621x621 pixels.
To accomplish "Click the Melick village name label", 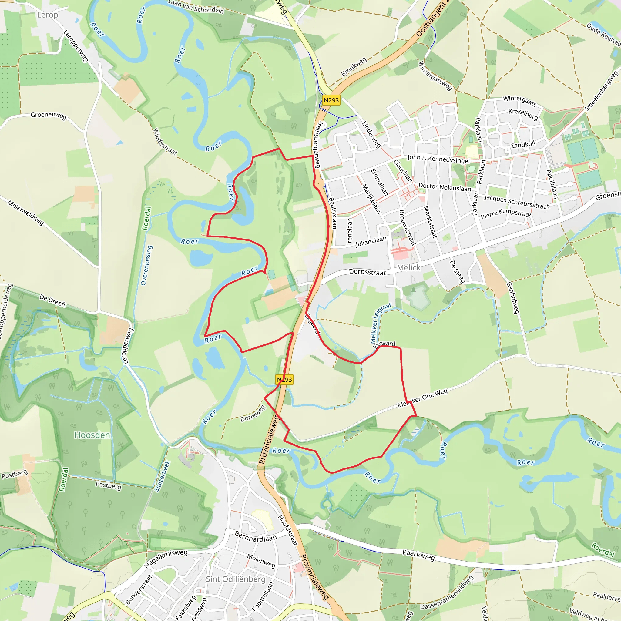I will point(408,268).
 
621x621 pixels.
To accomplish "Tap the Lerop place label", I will point(48,15).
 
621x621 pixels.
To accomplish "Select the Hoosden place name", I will point(92,435).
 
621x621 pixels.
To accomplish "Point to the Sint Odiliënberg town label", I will point(236,579).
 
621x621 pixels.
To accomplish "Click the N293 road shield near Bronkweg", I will point(331,100).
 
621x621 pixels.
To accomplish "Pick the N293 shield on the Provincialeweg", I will point(284,380).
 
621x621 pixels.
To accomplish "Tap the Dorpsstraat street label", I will point(368,272).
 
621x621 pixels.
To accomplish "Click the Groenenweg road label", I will point(49,116).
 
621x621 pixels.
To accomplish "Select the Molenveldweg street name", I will point(26,213).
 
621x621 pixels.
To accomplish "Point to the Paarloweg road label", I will point(418,555).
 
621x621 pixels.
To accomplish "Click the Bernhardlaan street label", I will point(256,536).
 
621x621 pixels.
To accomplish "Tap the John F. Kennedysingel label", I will point(438,159).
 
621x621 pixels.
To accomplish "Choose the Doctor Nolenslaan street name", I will point(445,187).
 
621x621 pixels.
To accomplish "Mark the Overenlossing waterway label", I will point(146,265).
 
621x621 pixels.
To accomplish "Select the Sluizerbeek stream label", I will point(162,476).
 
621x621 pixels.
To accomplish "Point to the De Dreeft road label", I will point(52,300).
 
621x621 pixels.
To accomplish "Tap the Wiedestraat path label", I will point(165,141).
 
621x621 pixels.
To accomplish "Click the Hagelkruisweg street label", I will point(166,558).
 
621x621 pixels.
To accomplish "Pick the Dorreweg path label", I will point(253,413).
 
